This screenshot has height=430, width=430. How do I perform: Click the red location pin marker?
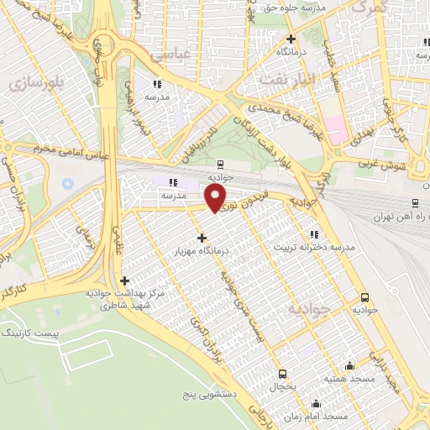point(216,198)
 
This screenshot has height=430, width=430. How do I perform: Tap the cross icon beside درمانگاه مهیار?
point(202,238)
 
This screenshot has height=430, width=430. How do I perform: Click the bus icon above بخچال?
point(282,374)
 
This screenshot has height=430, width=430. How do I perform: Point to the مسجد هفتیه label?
point(350,379)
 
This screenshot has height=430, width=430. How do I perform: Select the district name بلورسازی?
point(34,85)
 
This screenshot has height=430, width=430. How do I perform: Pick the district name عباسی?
point(167,55)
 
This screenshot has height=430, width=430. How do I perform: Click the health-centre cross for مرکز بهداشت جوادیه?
point(124,281)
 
